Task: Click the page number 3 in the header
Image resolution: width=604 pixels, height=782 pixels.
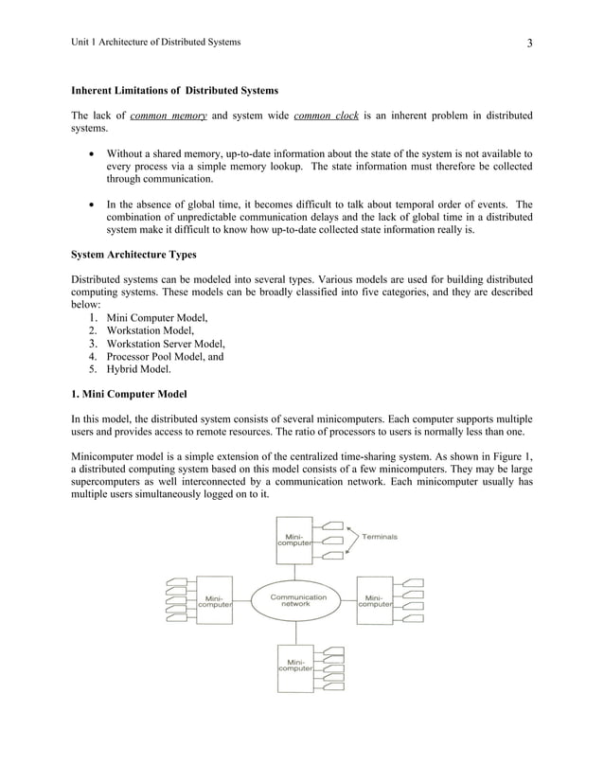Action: pos(530,43)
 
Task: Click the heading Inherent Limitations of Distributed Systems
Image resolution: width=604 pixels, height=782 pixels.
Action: pos(175,91)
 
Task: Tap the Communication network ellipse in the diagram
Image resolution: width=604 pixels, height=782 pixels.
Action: pos(298,601)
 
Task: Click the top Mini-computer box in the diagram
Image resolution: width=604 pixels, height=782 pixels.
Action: pos(295,540)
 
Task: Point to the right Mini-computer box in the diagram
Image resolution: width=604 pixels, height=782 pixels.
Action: pos(376,601)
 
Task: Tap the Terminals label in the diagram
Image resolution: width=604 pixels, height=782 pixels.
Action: pos(380,536)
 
